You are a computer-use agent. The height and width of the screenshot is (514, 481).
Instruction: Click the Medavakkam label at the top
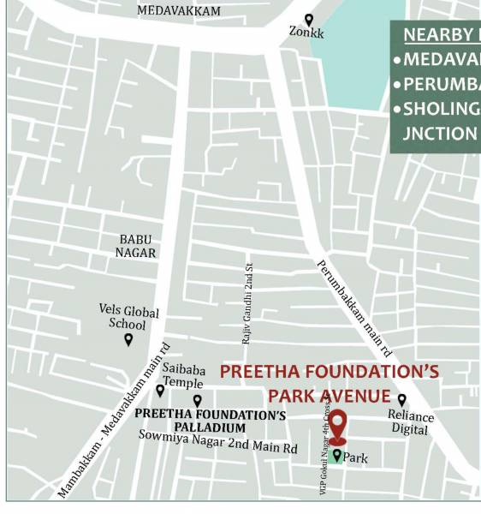(x=179, y=11)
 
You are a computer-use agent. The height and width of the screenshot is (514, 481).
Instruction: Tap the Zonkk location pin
(x=309, y=20)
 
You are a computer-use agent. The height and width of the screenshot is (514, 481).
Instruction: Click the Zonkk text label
(x=306, y=33)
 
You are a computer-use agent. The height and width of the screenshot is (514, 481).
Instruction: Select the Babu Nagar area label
(x=136, y=246)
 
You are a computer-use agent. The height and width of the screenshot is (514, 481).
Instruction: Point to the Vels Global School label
(x=128, y=318)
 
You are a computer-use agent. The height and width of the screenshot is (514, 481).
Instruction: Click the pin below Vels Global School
(x=128, y=339)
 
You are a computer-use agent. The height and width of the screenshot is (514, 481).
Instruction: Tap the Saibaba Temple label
(x=183, y=376)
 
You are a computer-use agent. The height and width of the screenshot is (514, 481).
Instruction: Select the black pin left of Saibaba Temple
(x=160, y=391)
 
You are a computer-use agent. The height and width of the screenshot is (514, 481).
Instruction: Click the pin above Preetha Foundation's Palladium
(x=198, y=400)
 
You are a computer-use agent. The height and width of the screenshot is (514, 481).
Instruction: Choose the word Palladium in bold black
(x=211, y=427)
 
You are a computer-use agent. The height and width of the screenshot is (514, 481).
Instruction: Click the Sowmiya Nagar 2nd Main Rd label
(x=217, y=442)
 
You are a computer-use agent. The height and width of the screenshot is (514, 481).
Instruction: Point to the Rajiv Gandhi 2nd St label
(x=247, y=303)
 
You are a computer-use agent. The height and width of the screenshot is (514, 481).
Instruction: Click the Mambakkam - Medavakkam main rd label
(x=115, y=421)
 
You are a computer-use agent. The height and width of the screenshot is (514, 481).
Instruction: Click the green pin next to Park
(x=337, y=456)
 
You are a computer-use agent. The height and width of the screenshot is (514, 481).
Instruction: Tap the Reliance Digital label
(x=411, y=422)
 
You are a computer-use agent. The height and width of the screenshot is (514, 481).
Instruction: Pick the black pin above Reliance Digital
(x=401, y=399)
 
